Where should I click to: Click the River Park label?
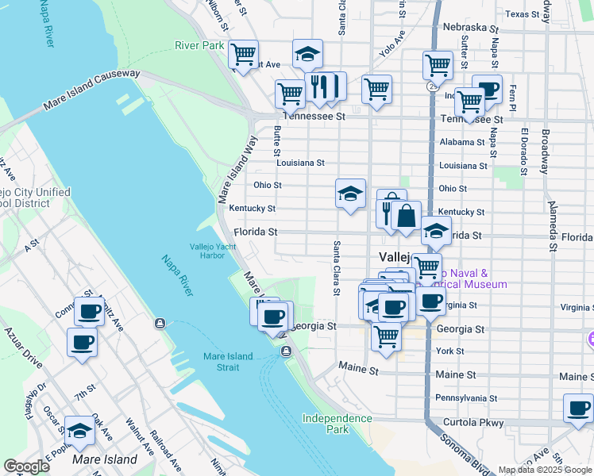pyautogui.click(x=199, y=46)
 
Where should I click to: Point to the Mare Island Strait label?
pyautogui.click(x=227, y=362)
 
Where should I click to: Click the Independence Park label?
pyautogui.click(x=337, y=424)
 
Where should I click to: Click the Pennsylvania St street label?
pyautogui.click(x=465, y=397)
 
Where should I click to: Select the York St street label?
pyautogui.click(x=450, y=351)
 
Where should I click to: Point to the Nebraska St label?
pyautogui.click(x=470, y=28)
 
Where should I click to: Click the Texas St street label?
pyautogui.click(x=523, y=14)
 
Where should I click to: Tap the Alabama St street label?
pyautogui.click(x=461, y=142)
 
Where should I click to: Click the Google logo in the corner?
pyautogui.click(x=26, y=466)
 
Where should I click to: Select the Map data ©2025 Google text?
pyautogui.click(x=545, y=470)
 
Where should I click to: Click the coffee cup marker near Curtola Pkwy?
pyautogui.click(x=579, y=409)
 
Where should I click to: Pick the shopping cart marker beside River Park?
pyautogui.click(x=242, y=55)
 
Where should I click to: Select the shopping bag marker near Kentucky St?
pyautogui.click(x=406, y=215)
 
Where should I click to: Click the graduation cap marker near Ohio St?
pyautogui.click(x=350, y=194)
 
